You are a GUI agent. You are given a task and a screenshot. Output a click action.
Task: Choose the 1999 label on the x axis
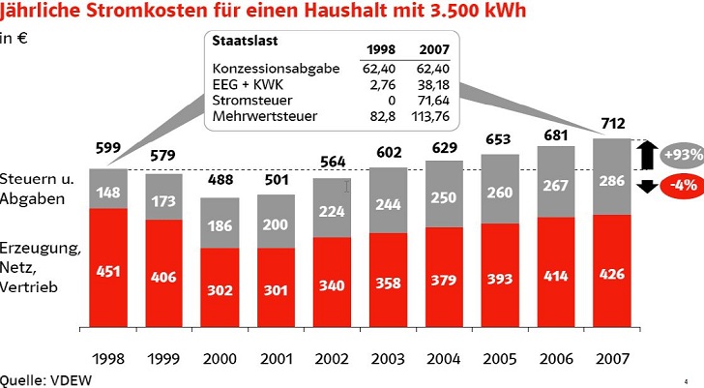(163, 358)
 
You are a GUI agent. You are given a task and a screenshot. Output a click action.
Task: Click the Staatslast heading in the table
(239, 43)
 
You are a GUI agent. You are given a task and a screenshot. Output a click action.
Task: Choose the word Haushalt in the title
(329, 13)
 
